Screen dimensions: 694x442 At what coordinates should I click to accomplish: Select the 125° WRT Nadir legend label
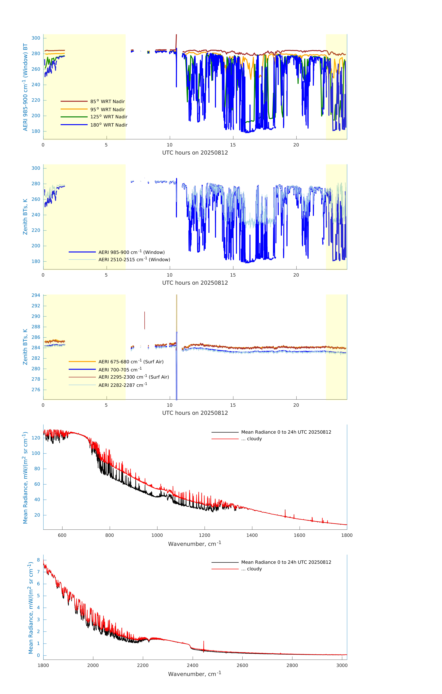tap(109, 117)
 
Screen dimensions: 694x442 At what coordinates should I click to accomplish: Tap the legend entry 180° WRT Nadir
tap(109, 125)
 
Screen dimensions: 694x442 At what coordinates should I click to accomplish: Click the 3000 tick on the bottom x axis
tap(342, 665)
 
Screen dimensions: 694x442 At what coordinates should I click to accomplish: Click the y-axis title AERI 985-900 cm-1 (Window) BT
tap(25, 87)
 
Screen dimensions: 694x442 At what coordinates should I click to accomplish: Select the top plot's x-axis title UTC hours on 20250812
tap(195, 153)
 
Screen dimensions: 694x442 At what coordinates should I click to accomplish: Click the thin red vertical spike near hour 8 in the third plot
tap(145, 320)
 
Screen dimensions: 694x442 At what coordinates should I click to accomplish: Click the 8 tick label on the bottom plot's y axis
tap(38, 560)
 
